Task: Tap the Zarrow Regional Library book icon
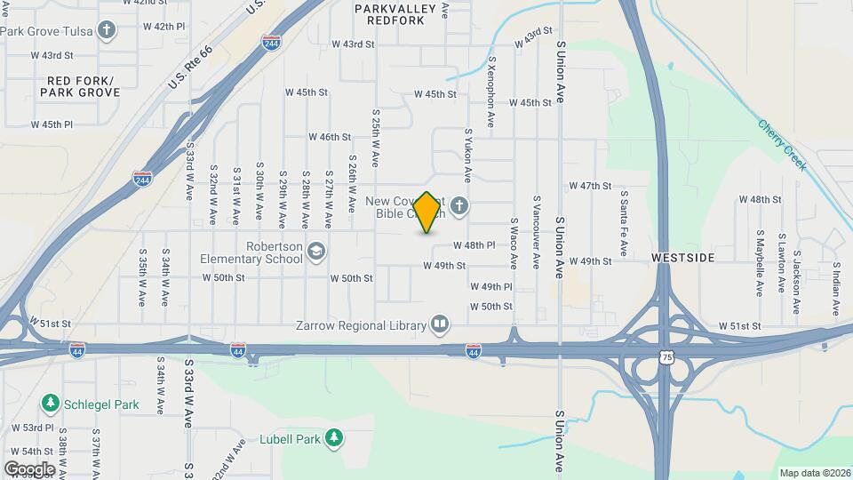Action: [x=439, y=324]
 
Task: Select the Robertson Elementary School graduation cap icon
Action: [x=315, y=252]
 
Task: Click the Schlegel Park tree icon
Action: [x=51, y=404]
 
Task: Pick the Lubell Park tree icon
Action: [x=334, y=437]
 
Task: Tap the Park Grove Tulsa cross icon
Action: [x=108, y=31]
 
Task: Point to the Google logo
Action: [x=29, y=468]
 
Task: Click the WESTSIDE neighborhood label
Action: [x=682, y=257]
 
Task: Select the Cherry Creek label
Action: [x=783, y=143]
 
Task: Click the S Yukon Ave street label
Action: [x=467, y=156]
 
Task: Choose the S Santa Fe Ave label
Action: [x=624, y=224]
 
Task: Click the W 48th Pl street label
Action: [x=474, y=245]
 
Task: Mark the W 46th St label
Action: [x=330, y=137]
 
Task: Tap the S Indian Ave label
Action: [x=836, y=289]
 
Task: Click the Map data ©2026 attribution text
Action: [x=814, y=473]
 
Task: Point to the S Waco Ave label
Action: [x=514, y=243]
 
